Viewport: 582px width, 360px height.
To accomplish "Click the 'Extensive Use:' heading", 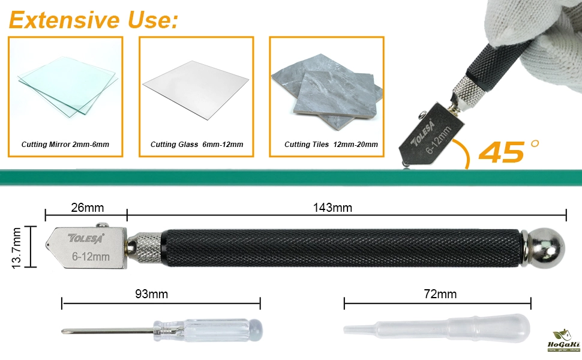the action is point(94,20).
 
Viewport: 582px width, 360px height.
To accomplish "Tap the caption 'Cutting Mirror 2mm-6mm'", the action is point(65,145).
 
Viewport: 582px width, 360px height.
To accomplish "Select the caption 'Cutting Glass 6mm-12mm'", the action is point(197,145).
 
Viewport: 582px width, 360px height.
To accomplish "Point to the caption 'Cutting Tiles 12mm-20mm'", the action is point(331,145).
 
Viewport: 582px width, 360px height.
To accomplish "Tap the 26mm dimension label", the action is point(88,208).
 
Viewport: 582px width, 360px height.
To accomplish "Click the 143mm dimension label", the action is point(332,208).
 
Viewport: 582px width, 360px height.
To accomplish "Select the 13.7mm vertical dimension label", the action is point(16,248).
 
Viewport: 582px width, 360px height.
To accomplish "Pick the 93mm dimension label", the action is point(151,294).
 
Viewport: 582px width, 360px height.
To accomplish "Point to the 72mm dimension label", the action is point(440,294).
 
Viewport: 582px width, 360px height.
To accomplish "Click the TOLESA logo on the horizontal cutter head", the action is point(86,238).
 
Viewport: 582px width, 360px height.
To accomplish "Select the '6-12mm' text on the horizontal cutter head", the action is point(91,256).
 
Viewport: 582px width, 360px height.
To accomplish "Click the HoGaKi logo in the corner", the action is point(563,341).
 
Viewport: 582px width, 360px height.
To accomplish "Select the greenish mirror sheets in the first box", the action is point(68,86).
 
